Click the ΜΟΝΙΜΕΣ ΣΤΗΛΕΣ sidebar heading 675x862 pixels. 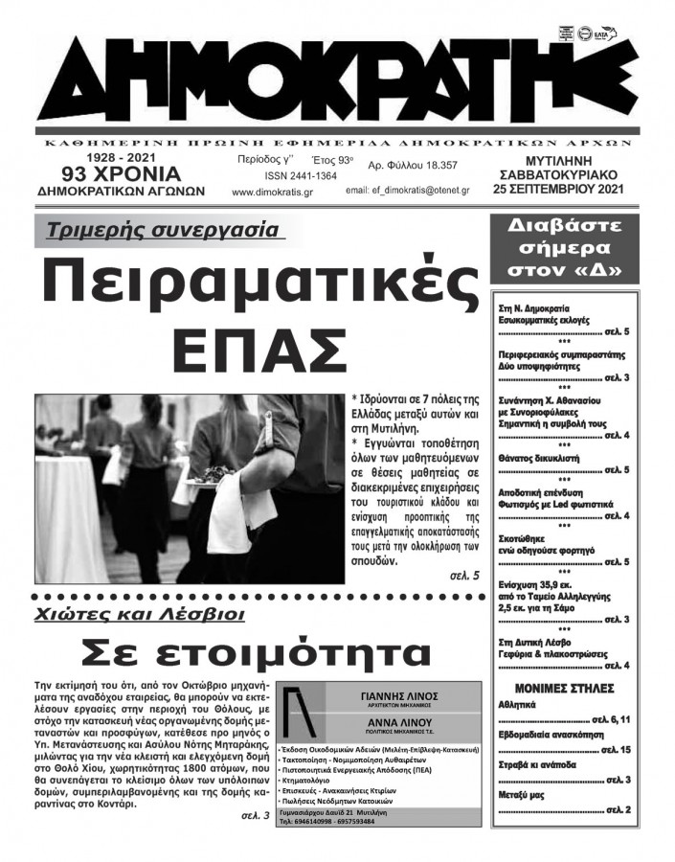pyautogui.click(x=558, y=690)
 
